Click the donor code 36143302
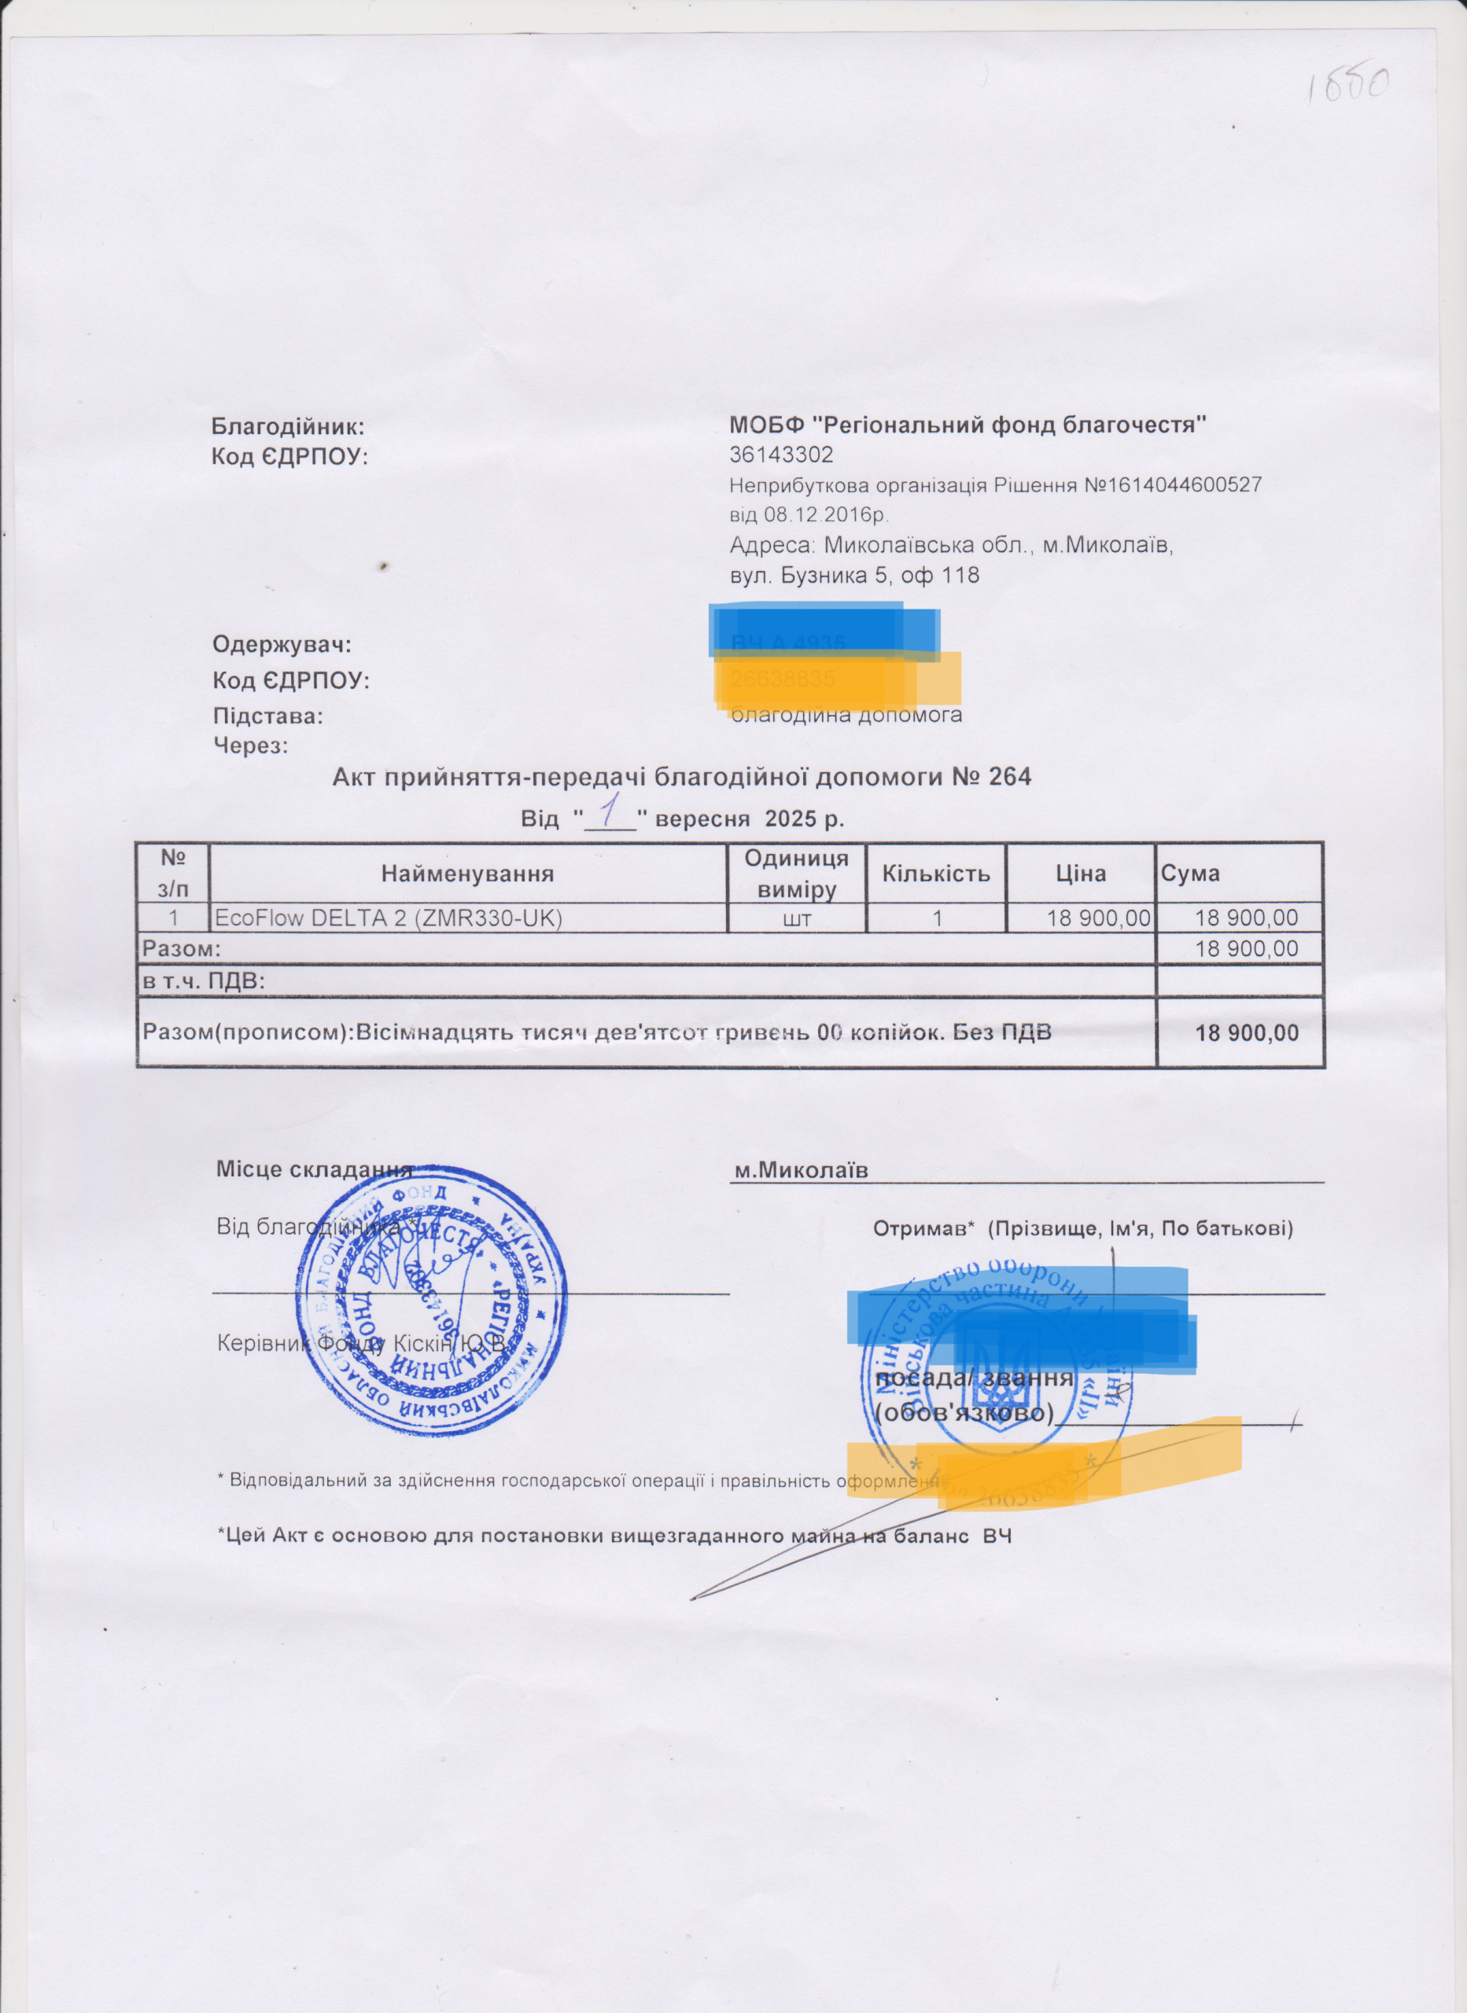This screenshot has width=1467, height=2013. tap(781, 455)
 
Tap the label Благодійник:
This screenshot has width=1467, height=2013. tap(288, 427)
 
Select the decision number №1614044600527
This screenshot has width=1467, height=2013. tap(1173, 485)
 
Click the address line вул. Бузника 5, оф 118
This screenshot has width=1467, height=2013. tap(854, 575)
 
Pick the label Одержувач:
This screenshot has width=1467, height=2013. tap(282, 643)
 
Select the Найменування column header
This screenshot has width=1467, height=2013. tap(467, 874)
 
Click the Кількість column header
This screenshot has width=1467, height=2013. tap(936, 874)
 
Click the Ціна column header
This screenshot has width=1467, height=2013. tap(1081, 874)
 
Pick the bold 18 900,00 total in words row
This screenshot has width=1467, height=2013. tap(1247, 1032)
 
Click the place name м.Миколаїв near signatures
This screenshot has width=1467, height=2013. tap(800, 1171)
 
